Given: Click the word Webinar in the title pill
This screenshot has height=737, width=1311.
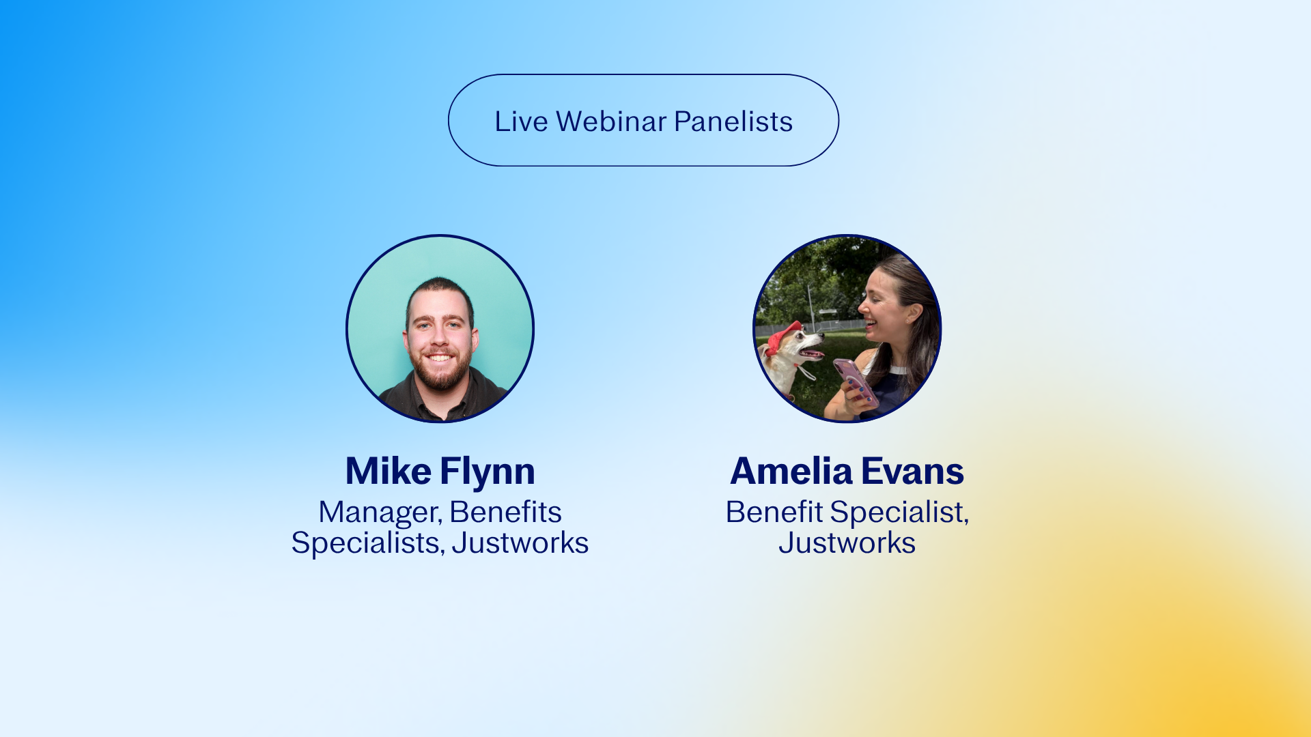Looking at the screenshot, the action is coord(611,121).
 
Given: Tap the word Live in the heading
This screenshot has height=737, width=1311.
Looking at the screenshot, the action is coord(521,121).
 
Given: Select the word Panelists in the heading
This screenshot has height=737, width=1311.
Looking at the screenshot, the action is coord(733,121).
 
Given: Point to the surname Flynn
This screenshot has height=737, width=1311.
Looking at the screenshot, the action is coord(488,472).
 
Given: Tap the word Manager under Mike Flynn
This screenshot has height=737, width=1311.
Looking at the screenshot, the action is coord(380,513).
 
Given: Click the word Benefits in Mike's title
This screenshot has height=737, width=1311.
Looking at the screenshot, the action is coord(505,512).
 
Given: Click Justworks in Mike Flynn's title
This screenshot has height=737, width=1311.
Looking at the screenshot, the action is coord(520,543).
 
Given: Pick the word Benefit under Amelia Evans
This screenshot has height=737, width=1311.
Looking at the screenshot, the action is coord(774,512).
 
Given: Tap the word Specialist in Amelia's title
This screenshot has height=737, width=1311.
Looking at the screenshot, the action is coord(900,513).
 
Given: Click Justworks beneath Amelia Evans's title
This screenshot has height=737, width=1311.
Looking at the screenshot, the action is coord(847,543).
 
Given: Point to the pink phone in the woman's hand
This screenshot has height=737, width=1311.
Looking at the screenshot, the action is coord(856,382).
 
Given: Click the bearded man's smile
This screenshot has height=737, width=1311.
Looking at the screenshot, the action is coord(440,358).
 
